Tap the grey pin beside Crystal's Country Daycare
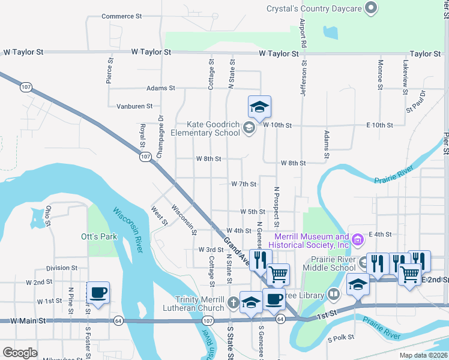[x=372, y=8]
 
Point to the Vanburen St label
[x=133, y=106]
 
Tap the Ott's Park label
[x=99, y=236]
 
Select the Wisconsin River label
[x=130, y=230]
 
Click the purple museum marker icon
[x=358, y=241]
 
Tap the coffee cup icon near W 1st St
[x=98, y=293]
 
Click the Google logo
[x=20, y=353]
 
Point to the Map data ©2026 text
[x=423, y=355]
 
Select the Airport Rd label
[x=303, y=34]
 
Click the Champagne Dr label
[x=160, y=137]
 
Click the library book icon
[x=333, y=294]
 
